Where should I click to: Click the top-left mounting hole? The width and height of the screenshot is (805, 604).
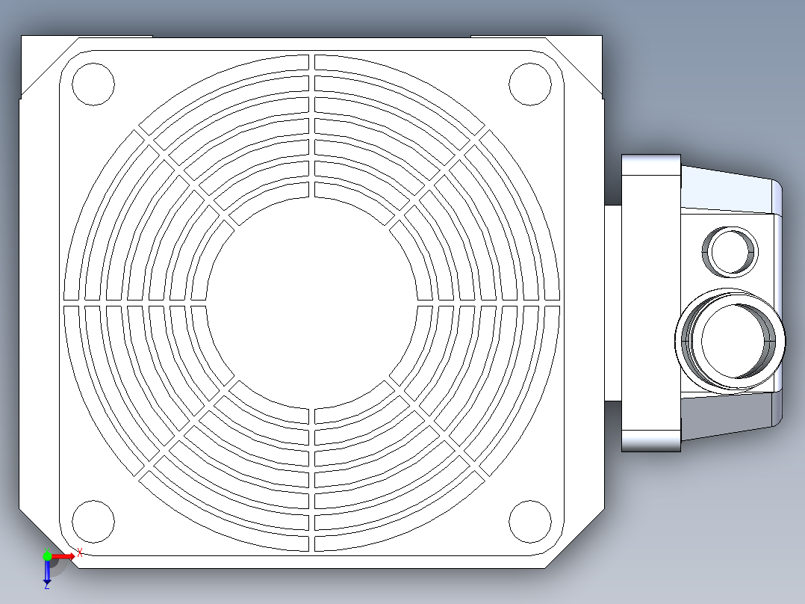pyautogui.click(x=93, y=84)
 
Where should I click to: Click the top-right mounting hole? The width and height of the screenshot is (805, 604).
pyautogui.click(x=529, y=84)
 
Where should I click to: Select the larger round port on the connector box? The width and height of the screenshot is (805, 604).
pyautogui.click(x=732, y=341)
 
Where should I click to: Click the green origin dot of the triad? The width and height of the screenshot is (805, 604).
pyautogui.click(x=47, y=556)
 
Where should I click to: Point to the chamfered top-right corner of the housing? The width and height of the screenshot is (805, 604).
pyautogui.click(x=575, y=67)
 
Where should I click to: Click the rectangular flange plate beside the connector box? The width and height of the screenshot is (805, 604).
pyautogui.click(x=650, y=303)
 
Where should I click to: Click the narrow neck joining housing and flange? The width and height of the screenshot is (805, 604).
pyautogui.click(x=613, y=303)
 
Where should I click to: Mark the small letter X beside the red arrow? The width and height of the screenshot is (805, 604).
pyautogui.click(x=79, y=552)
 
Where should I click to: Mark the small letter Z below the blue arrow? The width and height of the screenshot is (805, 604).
pyautogui.click(x=46, y=586)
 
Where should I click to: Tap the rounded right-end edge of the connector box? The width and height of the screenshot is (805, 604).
pyautogui.click(x=778, y=303)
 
